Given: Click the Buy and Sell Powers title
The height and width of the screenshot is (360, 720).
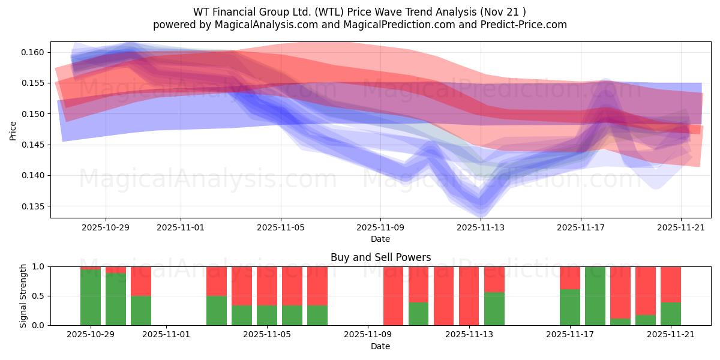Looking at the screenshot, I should [380, 257].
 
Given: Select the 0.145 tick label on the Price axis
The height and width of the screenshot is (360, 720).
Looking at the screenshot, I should [35, 145].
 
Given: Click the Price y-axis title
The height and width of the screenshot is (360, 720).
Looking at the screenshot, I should [13, 130].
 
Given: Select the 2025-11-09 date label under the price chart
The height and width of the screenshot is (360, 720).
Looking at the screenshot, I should [380, 228].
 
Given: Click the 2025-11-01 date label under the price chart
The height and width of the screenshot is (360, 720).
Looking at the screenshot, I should [181, 228].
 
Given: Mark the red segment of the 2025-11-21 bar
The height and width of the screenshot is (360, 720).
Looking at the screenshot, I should [671, 284].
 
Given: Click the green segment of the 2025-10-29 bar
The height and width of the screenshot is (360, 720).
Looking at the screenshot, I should [91, 298].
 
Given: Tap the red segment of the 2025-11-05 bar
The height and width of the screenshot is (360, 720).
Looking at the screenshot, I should [267, 286].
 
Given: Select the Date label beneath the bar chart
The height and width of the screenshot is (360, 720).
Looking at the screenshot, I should [380, 346].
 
